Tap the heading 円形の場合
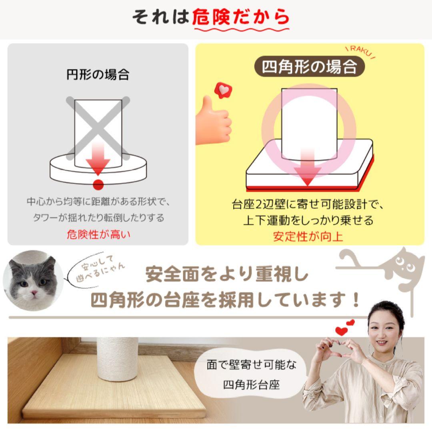(98, 74)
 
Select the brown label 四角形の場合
(309, 66)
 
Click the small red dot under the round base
(98, 185)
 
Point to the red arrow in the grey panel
(98, 160)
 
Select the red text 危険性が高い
(98, 234)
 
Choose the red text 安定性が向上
(308, 236)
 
